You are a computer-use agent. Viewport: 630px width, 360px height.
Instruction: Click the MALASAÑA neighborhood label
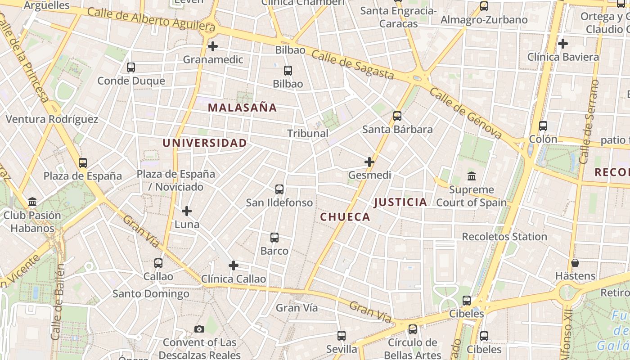click(x=243, y=108)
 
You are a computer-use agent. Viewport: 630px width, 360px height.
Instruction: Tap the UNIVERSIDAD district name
click(x=204, y=143)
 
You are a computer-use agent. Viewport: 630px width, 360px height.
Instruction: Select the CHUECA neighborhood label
click(x=345, y=217)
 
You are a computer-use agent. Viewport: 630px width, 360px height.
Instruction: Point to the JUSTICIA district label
click(x=400, y=202)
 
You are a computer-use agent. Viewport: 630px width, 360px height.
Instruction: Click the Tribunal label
click(x=308, y=134)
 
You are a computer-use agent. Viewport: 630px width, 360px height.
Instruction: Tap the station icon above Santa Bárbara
click(x=397, y=116)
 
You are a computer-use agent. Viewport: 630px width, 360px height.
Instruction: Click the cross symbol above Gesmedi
click(x=369, y=162)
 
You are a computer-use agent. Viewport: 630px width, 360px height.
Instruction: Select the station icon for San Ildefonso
click(x=279, y=189)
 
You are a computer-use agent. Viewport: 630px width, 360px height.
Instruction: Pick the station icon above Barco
click(x=274, y=238)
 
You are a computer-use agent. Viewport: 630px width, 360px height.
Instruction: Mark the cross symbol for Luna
click(x=187, y=211)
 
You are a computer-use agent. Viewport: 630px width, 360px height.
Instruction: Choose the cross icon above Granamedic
click(x=213, y=46)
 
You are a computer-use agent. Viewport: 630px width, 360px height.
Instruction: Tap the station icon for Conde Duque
click(x=131, y=67)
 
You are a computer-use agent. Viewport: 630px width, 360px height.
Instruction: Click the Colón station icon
click(x=543, y=126)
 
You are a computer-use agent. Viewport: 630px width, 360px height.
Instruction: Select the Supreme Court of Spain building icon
click(x=472, y=176)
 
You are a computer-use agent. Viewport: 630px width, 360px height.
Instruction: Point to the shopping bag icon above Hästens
click(x=575, y=263)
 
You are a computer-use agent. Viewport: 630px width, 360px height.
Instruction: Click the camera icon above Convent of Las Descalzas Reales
click(x=199, y=329)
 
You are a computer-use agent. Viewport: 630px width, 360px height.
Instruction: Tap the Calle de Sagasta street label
click(x=352, y=65)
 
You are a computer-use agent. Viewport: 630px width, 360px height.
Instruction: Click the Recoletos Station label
click(x=504, y=237)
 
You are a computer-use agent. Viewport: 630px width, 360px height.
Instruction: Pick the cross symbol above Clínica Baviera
click(x=562, y=44)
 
